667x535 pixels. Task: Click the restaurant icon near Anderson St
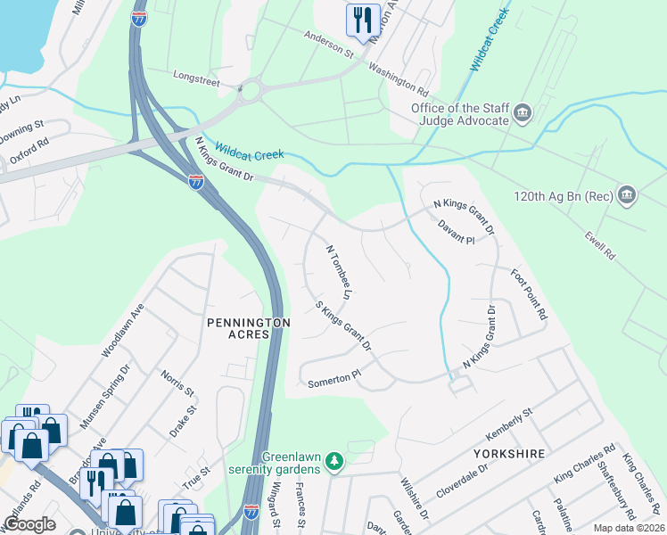click(x=362, y=19)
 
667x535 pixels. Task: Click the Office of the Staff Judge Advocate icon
click(x=523, y=114)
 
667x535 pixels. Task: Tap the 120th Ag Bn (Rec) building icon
click(x=627, y=194)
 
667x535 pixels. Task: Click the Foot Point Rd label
click(x=528, y=295)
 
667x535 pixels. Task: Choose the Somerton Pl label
click(x=332, y=383)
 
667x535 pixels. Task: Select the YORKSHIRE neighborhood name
click(x=511, y=454)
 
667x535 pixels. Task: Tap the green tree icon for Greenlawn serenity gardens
click(x=334, y=461)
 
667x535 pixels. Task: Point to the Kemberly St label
click(x=507, y=422)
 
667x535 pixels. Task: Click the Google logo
click(x=30, y=523)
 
